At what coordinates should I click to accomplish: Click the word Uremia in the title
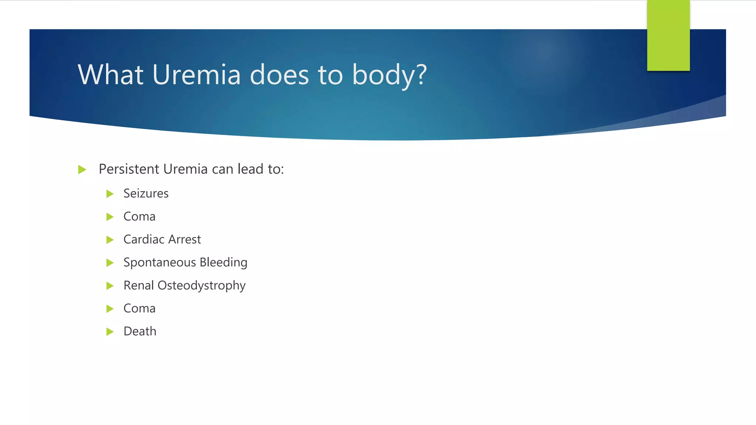(196, 75)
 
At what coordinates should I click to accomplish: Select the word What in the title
(110, 75)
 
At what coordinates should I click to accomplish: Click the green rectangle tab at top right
(668, 35)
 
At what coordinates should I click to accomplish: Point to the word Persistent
(129, 169)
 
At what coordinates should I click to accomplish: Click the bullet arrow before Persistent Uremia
(82, 170)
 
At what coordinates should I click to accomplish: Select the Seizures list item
(146, 193)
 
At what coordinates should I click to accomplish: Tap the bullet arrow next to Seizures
(110, 194)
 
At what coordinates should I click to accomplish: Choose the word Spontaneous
(159, 263)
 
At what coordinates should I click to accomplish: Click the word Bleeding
(223, 263)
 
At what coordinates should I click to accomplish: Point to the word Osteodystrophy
(202, 286)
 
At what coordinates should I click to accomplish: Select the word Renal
(138, 286)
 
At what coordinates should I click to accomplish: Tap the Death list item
(140, 331)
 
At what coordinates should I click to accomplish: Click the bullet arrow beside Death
(110, 332)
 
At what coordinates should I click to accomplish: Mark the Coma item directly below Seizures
(139, 217)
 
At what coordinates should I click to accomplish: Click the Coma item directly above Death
(139, 308)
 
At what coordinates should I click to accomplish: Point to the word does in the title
(279, 75)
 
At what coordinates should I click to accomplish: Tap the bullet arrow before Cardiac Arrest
(110, 240)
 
